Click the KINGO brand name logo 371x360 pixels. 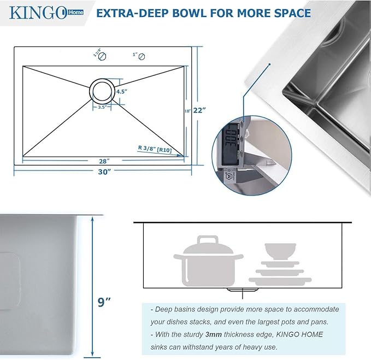click(x=33, y=12)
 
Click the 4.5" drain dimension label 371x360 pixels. click(x=122, y=92)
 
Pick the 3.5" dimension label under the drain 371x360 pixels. click(x=102, y=108)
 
